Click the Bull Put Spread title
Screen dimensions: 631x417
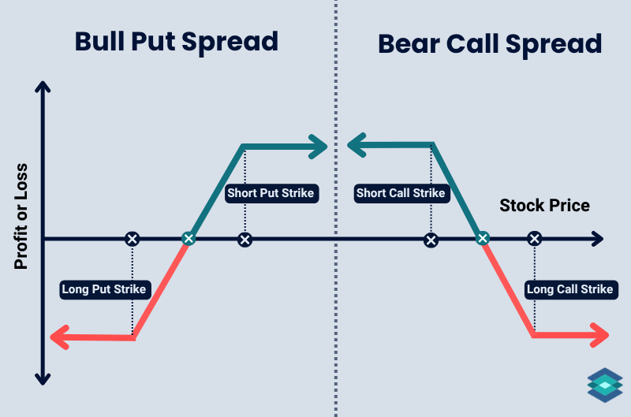(x=177, y=41)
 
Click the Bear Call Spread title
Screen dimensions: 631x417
(x=490, y=43)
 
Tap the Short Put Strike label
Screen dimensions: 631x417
(x=271, y=193)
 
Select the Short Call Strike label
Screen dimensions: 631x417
(x=401, y=193)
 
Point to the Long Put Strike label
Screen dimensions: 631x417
(x=104, y=289)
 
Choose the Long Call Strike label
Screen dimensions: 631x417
(x=569, y=289)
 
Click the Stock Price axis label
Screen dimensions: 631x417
(x=544, y=206)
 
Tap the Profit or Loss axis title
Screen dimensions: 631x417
(x=21, y=217)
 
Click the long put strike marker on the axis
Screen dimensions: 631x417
(x=133, y=239)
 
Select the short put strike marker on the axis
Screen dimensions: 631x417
(x=245, y=239)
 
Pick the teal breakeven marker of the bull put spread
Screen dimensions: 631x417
(x=188, y=239)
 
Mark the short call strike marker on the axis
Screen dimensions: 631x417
(x=431, y=239)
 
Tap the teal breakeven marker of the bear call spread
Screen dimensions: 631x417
(x=483, y=239)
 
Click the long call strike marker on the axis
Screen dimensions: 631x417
(x=534, y=239)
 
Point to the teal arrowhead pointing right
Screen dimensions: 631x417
(x=318, y=145)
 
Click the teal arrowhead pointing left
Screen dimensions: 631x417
(x=356, y=144)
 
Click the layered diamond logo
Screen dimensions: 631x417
(x=605, y=384)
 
